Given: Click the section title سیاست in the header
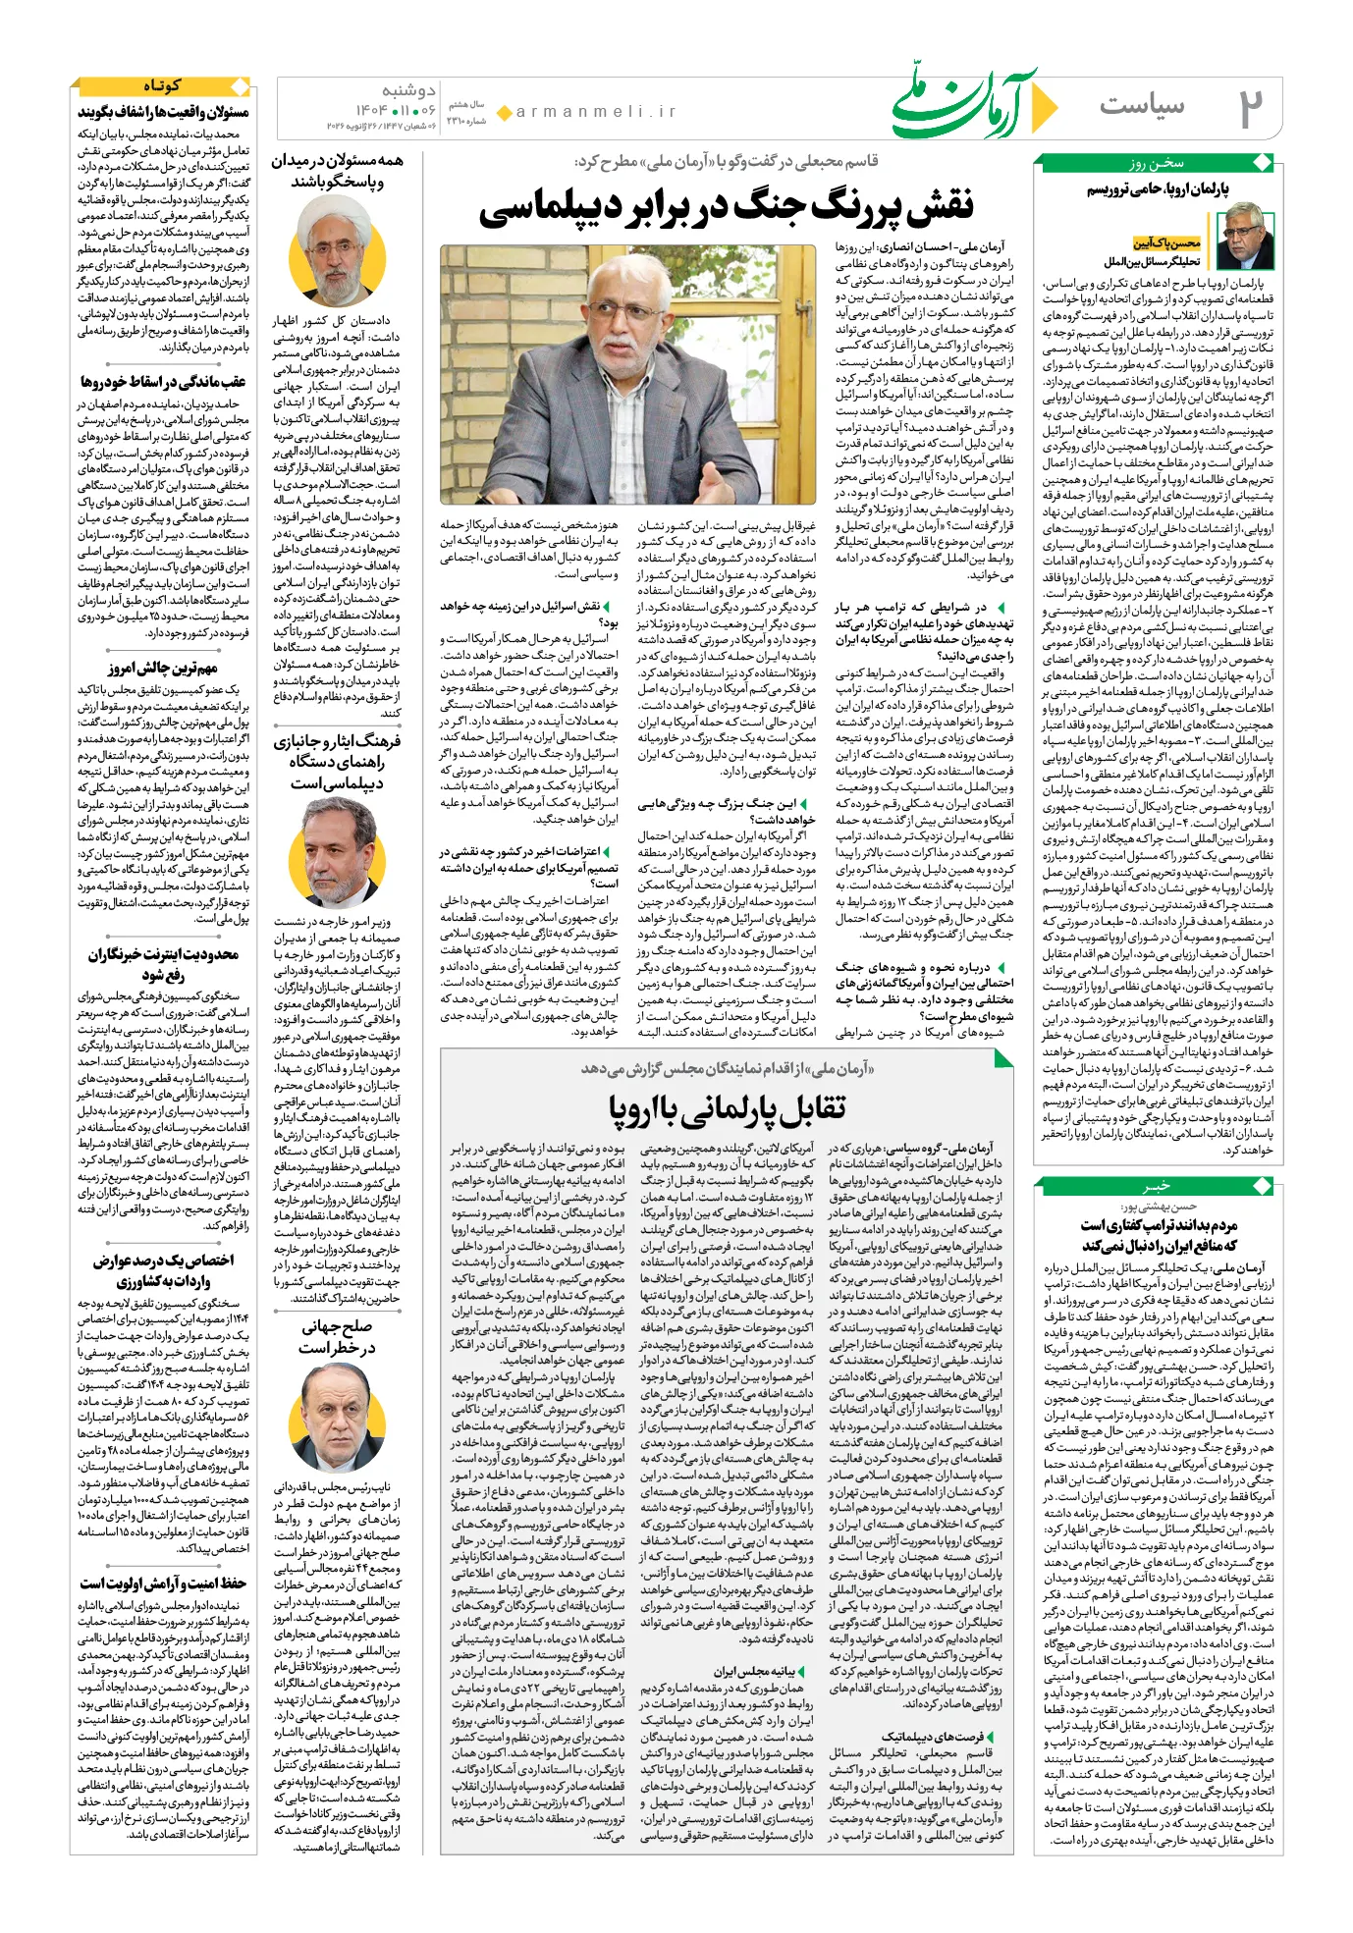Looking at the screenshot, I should (x=1142, y=105).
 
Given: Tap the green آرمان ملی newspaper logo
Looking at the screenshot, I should (x=964, y=102).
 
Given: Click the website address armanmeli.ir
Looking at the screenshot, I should (x=596, y=112).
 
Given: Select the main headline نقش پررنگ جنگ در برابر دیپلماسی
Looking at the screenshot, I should (x=727, y=205).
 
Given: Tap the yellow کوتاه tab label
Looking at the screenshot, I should (x=163, y=86).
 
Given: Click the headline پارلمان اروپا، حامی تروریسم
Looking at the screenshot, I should (x=1158, y=189).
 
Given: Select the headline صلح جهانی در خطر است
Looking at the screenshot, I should (x=337, y=1338).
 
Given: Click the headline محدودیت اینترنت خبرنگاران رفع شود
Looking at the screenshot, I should (x=163, y=964).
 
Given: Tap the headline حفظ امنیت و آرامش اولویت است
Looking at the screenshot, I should (x=163, y=1583).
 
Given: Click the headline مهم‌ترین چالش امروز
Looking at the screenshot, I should (x=163, y=669).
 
